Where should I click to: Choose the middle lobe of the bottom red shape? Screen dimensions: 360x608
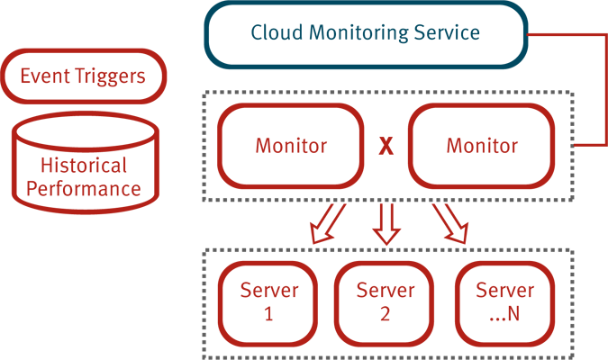click(387, 301)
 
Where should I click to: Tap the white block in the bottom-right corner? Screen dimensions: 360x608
click(591, 346)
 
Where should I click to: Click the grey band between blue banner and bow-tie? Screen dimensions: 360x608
click(378, 87)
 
